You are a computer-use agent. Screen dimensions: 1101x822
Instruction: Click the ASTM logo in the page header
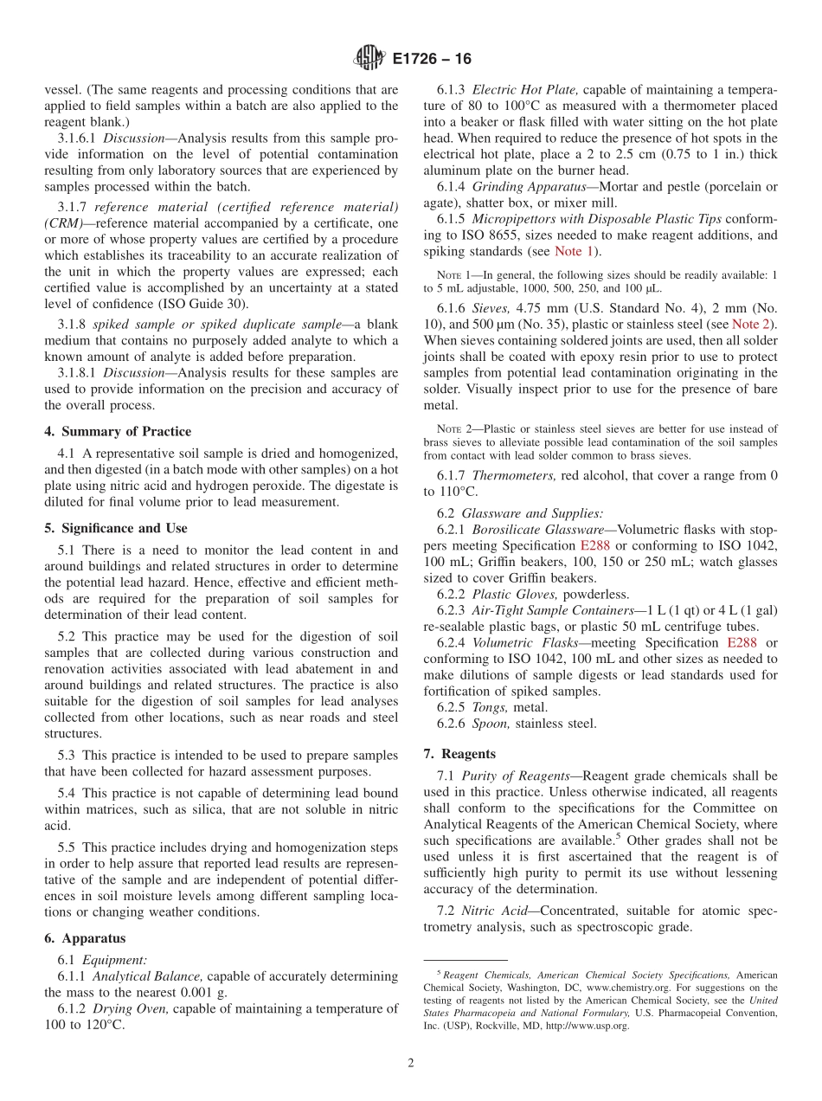click(369, 59)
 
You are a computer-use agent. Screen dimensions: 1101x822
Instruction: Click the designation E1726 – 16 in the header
click(432, 60)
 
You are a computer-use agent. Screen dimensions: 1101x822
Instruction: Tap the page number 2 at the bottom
click(411, 1063)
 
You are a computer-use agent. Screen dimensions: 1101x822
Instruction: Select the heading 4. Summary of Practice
click(118, 431)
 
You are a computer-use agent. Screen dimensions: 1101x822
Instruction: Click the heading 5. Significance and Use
click(116, 528)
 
